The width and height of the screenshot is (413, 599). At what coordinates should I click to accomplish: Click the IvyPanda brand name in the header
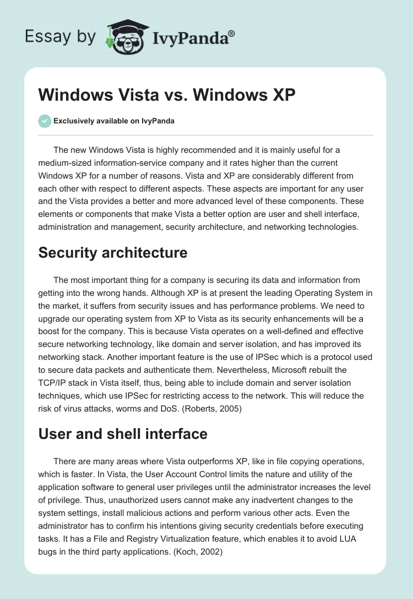(193, 37)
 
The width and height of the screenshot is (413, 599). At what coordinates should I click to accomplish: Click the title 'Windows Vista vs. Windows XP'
(167, 97)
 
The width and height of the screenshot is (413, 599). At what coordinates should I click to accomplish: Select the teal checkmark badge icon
(45, 121)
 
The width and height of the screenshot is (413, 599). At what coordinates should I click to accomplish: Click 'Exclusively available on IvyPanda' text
(114, 121)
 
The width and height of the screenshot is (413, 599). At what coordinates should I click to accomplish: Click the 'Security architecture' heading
(113, 253)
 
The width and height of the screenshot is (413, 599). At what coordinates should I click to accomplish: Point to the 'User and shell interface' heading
(123, 434)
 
